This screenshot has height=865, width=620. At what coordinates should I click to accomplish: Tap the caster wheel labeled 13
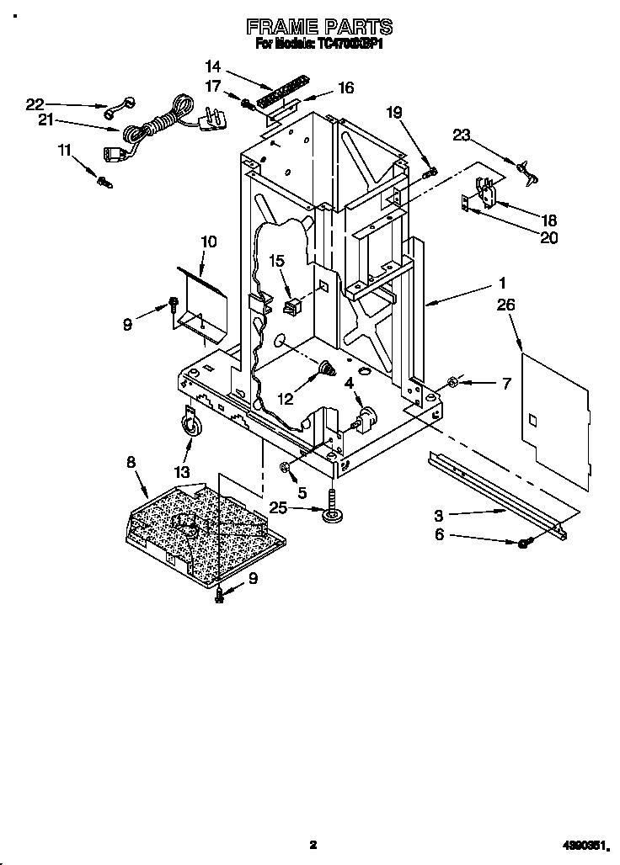click(192, 427)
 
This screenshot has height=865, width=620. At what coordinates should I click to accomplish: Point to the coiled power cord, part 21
click(152, 125)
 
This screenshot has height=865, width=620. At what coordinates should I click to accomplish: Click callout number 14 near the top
click(212, 66)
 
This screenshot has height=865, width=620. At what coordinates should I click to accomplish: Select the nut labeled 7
click(452, 383)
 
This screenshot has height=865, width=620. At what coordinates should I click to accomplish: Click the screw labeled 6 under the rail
click(524, 544)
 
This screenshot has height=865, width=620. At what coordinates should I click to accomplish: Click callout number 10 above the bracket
click(208, 242)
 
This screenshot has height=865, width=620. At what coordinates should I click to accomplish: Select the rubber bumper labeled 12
click(325, 368)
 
